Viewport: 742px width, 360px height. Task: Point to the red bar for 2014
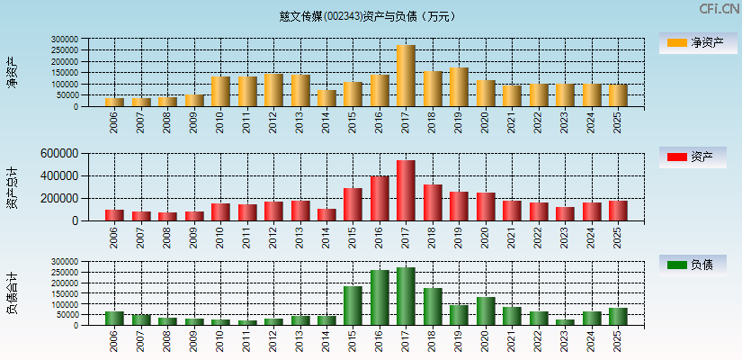pos(326,214)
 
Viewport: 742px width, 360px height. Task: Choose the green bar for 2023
pos(564,321)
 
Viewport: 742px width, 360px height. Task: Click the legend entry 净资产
pos(693,42)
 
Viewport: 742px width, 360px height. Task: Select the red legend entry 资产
pos(693,157)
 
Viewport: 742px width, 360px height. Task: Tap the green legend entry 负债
pos(693,265)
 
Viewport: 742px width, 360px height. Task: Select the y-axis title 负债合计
pos(13,293)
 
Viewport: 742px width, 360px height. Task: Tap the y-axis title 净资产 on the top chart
pos(13,72)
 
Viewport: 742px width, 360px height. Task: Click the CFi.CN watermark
pos(719,9)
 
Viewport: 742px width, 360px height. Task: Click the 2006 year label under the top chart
pos(114,122)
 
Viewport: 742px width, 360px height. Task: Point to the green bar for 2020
pos(486,310)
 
